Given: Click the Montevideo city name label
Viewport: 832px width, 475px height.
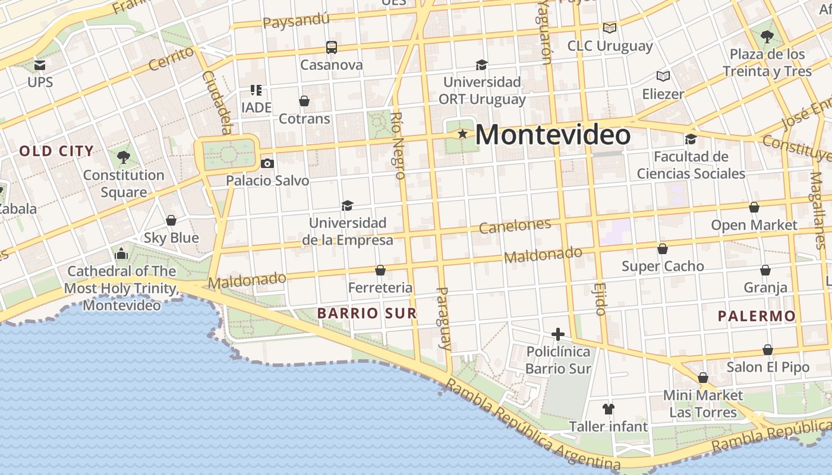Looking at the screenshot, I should click(553, 135).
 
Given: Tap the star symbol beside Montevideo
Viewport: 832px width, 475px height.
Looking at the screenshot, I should click(462, 134).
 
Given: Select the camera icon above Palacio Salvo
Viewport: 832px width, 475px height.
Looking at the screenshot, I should click(267, 163).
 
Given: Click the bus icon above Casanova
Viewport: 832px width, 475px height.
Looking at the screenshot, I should click(332, 47).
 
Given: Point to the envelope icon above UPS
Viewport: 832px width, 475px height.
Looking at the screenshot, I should click(40, 65).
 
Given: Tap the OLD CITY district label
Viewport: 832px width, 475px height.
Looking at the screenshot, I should click(56, 151).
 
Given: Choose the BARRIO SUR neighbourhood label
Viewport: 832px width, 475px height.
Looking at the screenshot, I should click(367, 313).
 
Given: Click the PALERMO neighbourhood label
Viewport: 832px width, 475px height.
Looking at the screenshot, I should click(756, 316).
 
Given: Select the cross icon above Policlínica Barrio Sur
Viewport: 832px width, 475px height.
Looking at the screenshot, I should click(557, 334).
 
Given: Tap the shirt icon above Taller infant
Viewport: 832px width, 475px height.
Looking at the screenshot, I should click(608, 408).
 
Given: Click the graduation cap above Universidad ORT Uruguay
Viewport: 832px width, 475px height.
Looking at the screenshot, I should click(481, 65).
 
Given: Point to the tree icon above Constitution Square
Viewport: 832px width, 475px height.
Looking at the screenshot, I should click(124, 157).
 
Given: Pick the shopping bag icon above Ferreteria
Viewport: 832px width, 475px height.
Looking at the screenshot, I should click(380, 271).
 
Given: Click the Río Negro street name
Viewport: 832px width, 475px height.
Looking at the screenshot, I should click(399, 145).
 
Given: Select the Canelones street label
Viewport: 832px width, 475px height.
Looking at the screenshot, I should click(515, 226).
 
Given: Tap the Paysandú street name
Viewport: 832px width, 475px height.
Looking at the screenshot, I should click(295, 21).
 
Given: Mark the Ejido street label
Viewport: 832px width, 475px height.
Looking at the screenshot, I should click(600, 299).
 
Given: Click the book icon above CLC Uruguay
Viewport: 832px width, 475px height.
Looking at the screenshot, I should click(609, 28).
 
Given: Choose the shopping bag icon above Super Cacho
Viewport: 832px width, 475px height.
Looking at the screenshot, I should click(663, 249).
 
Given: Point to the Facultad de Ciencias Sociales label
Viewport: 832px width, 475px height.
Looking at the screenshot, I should click(691, 165).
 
